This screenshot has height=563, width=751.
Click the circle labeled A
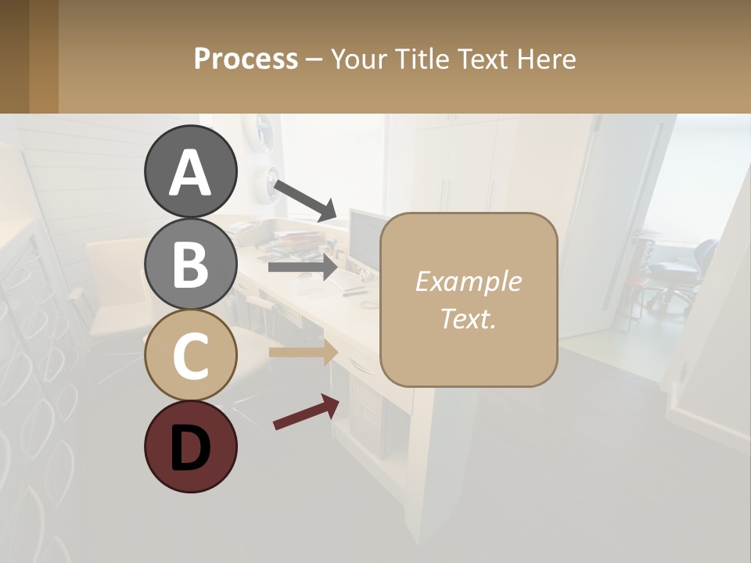[x=190, y=171]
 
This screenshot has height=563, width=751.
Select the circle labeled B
[x=190, y=264]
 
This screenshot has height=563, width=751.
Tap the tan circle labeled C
[x=190, y=355]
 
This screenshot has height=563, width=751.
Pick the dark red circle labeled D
[x=190, y=446]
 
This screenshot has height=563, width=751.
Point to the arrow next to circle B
[x=303, y=267]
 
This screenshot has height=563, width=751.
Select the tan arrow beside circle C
[x=303, y=352]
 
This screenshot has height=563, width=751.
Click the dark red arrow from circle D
[x=306, y=412]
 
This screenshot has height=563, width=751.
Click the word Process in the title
[x=246, y=59]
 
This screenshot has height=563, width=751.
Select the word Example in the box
[x=468, y=281]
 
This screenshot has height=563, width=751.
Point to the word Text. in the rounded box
[x=468, y=318]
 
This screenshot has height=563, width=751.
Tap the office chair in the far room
[x=676, y=274]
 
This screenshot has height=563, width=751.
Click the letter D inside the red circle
[x=190, y=447]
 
